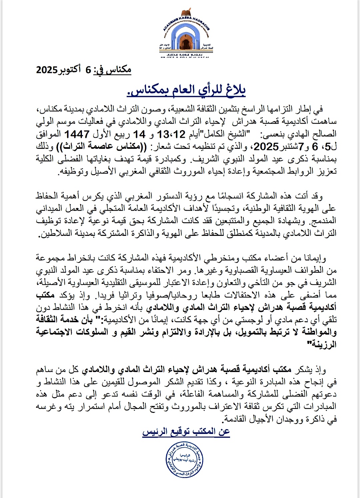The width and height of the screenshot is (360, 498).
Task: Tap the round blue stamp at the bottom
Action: (184, 460)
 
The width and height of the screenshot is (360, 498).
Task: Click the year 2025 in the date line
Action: (47, 70)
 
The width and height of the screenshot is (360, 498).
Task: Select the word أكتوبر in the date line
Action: (70, 70)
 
